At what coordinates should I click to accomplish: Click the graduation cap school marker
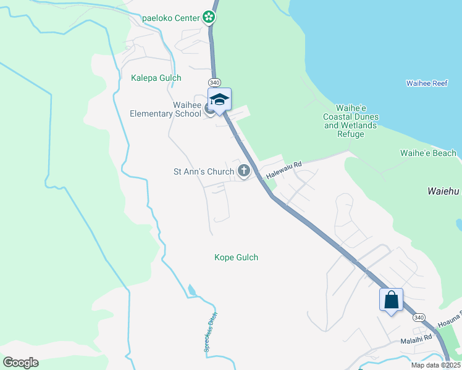pyautogui.click(x=219, y=99)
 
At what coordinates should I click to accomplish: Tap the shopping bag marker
pyautogui.click(x=391, y=300)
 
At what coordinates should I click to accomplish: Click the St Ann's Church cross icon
pyautogui.click(x=244, y=171)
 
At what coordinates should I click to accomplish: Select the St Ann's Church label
pyautogui.click(x=203, y=171)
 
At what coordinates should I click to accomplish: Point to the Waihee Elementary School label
pyautogui.click(x=166, y=109)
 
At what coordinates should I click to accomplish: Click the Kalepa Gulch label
pyautogui.click(x=156, y=78)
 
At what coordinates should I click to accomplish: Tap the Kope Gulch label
pyautogui.click(x=236, y=257)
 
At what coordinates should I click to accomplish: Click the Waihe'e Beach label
pyautogui.click(x=428, y=153)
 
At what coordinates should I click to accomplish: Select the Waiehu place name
pyautogui.click(x=443, y=191)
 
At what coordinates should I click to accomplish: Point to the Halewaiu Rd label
pyautogui.click(x=283, y=171)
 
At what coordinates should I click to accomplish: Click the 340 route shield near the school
pyautogui.click(x=214, y=82)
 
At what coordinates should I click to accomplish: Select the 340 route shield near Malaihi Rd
pyautogui.click(x=419, y=317)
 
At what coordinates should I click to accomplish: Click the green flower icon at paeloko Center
pyautogui.click(x=210, y=17)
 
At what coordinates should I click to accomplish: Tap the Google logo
pyautogui.click(x=20, y=363)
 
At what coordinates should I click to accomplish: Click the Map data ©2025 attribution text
pyautogui.click(x=435, y=365)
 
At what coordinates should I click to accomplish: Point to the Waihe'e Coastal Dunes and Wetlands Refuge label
pyautogui.click(x=351, y=121)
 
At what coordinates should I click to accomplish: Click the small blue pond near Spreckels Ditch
pyautogui.click(x=191, y=289)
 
